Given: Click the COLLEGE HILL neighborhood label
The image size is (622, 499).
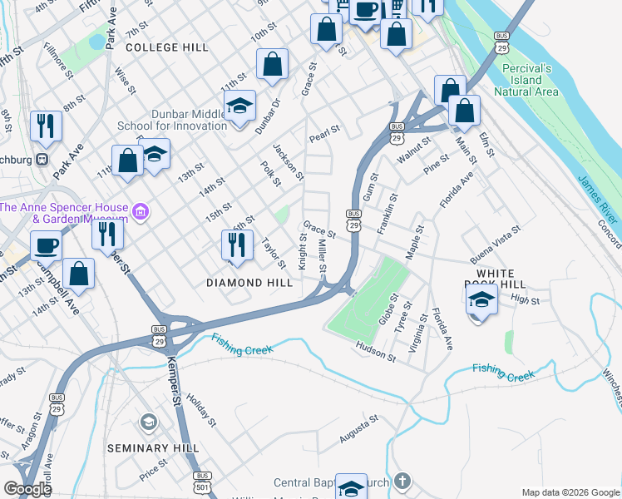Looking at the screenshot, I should (x=167, y=48).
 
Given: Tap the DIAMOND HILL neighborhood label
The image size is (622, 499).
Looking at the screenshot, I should (x=249, y=283).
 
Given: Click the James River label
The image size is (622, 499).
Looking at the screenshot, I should (x=598, y=200).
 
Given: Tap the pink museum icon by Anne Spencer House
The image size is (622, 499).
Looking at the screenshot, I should (x=141, y=213).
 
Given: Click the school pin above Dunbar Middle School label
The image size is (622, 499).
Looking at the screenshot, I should (x=239, y=106).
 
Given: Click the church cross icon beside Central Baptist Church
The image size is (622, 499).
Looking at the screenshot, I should (x=402, y=482).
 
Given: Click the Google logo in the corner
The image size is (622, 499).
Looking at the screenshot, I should (x=27, y=489).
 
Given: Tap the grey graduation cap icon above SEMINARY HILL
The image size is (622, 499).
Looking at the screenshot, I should (x=149, y=422).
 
